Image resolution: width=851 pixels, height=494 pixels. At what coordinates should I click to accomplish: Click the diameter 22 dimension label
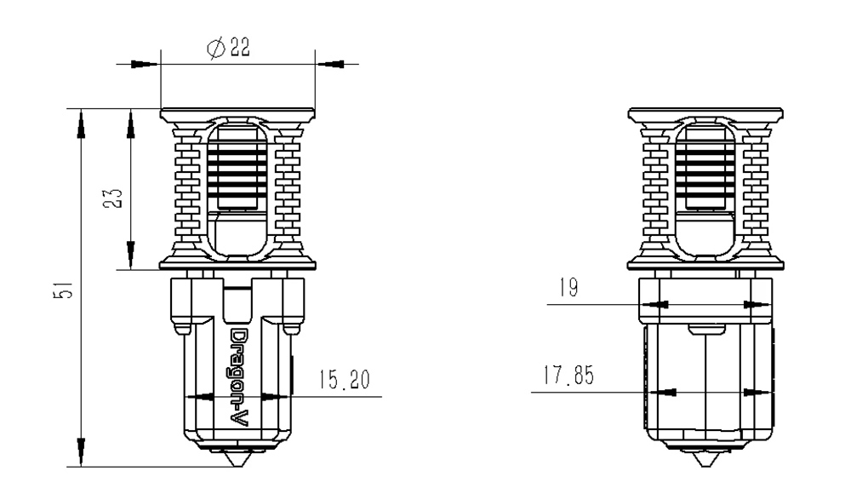pos(228,48)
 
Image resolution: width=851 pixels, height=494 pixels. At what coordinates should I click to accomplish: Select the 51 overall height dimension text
pos(63,290)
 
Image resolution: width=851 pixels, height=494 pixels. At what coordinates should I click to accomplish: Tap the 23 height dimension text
pos(113,199)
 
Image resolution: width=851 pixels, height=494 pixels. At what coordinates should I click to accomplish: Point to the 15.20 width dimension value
pos(344,379)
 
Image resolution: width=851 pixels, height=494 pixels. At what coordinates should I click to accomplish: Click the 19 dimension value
pos(568,288)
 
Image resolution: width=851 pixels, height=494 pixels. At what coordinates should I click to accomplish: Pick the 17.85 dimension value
pos(568,375)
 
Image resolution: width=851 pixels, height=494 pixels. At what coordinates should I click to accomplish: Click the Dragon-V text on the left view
pos(239,377)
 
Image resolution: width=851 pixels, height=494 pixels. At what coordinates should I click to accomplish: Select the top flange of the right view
pos(705,113)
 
